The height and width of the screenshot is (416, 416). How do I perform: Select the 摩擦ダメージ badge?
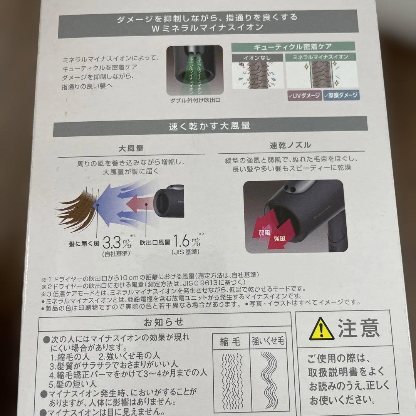(341, 95)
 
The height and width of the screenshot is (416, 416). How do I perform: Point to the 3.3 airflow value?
(113, 243)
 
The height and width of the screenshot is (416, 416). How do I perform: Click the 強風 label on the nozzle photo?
(280, 239)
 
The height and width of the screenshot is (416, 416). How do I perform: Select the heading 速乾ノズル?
(290, 145)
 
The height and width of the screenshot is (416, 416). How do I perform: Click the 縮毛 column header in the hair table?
(230, 341)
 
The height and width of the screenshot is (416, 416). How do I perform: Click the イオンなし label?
(257, 57)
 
